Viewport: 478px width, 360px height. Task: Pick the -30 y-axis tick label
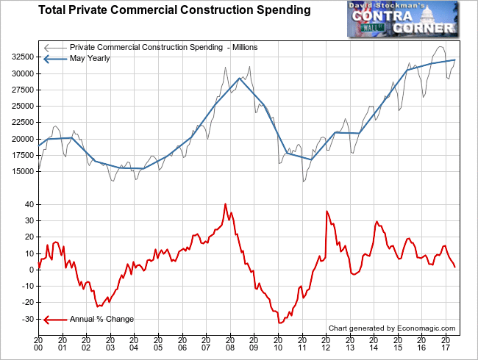[25, 319]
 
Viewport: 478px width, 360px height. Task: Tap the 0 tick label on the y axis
[31, 270]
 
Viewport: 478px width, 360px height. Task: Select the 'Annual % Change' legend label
[101, 320]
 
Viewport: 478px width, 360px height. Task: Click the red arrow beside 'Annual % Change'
[54, 320]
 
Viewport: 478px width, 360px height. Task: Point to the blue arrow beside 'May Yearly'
[54, 60]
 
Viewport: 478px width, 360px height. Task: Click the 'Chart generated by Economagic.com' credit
[392, 328]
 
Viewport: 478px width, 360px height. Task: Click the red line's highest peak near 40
[225, 204]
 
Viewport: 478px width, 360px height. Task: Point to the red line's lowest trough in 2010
[279, 323]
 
